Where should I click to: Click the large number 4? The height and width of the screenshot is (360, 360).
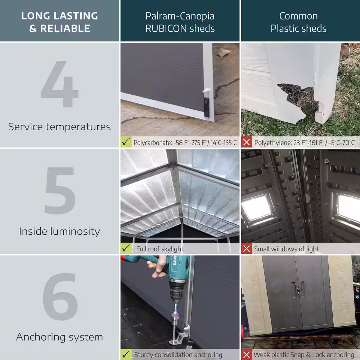60,84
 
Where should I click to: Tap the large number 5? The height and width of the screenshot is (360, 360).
60,190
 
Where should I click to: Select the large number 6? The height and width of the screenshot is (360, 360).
60,297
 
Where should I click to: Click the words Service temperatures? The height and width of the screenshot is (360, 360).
59,127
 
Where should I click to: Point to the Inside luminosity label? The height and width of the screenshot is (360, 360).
59,231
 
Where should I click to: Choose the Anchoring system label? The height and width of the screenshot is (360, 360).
59,337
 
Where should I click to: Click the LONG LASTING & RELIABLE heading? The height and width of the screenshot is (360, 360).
59,22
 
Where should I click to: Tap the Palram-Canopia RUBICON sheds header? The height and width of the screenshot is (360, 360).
180,22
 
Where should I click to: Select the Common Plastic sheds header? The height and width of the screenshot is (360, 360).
298,22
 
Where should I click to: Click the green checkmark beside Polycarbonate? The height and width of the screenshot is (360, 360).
126,142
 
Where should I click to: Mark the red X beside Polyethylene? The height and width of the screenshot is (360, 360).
247,142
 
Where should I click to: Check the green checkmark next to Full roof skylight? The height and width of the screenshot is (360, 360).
126,248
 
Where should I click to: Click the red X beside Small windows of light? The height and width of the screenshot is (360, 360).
247,249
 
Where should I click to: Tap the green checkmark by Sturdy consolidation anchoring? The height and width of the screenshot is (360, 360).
126,355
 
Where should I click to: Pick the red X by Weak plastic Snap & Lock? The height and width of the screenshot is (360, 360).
247,355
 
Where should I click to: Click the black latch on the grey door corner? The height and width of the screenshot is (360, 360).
206,107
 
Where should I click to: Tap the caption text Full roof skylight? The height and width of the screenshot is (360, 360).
160,249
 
